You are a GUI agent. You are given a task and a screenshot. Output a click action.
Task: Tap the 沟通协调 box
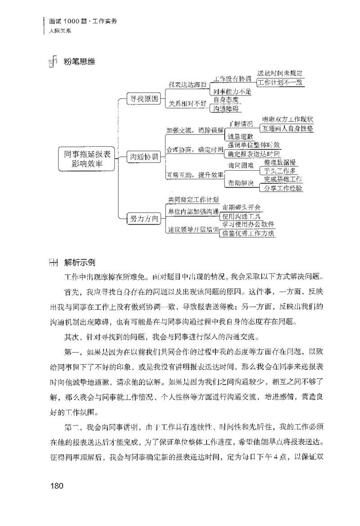coord(143,157)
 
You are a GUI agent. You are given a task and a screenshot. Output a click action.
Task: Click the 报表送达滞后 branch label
coord(187,84)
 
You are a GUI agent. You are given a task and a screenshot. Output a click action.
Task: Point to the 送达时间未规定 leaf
coord(279,73)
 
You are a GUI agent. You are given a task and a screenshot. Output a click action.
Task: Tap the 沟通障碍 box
coord(227,108)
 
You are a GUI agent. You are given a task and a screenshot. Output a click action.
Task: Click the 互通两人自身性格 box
coord(288,128)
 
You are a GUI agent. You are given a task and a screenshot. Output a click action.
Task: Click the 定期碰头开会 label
coord(241,208)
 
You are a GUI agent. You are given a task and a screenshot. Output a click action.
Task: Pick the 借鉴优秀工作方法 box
coord(248,233)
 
